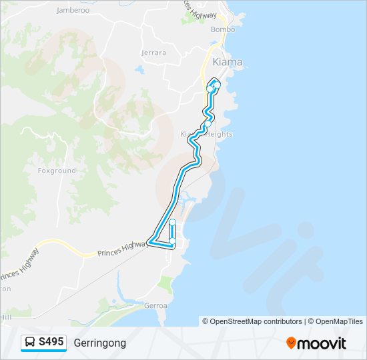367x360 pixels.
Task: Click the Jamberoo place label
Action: point(73,10)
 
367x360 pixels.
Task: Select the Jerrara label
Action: point(153,52)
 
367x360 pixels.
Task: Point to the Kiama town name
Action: point(227,62)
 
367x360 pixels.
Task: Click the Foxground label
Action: point(57,171)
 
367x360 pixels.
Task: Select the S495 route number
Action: point(51,342)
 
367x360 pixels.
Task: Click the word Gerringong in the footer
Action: point(100,343)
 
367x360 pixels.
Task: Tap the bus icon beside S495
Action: point(31,343)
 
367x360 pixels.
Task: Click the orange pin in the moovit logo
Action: point(291,343)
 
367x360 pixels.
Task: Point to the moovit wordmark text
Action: point(322,343)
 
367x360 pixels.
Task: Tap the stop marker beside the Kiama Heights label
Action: point(208,123)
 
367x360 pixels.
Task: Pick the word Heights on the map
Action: point(220,134)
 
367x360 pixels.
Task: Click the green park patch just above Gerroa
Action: point(165,285)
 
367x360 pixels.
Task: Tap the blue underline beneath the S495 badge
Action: point(44,351)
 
